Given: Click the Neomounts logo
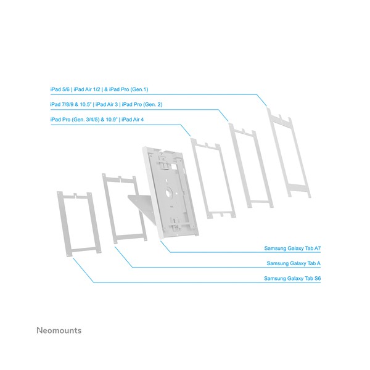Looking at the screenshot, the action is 59,331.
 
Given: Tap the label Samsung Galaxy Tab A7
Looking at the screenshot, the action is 292,249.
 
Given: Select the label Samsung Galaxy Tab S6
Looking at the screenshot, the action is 292,279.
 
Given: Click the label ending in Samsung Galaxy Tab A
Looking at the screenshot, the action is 294,263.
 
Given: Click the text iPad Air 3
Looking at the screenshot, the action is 107,105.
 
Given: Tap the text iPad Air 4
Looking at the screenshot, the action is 133,120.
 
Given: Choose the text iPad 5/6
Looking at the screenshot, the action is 60,89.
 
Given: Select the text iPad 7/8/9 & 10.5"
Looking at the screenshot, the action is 70,105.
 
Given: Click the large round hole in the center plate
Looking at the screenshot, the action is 169,193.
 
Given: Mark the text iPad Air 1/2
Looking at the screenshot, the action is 87,89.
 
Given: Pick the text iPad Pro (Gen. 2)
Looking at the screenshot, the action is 142,105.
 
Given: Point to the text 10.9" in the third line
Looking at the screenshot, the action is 112,120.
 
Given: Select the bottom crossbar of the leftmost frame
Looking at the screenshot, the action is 83,250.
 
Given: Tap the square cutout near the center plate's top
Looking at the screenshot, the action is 175,166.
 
